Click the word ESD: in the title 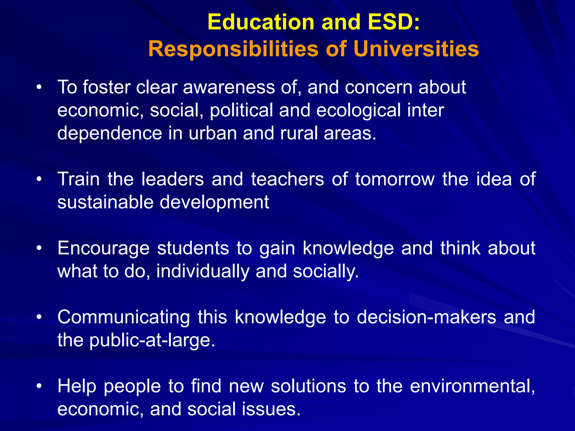[394, 22]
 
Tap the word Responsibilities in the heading [233, 49]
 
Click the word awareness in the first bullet [229, 88]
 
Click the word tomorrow [395, 179]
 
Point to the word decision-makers [426, 317]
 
